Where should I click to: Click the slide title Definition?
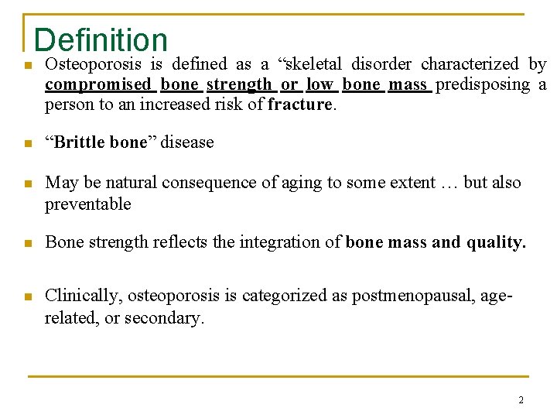pyautogui.click(x=101, y=40)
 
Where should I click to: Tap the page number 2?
pyautogui.click(x=521, y=400)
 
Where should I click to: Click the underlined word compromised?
pyautogui.click(x=98, y=84)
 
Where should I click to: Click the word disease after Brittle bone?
pyautogui.click(x=186, y=142)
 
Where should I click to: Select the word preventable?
pyautogui.click(x=88, y=204)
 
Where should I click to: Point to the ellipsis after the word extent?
pyautogui.click(x=449, y=183)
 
